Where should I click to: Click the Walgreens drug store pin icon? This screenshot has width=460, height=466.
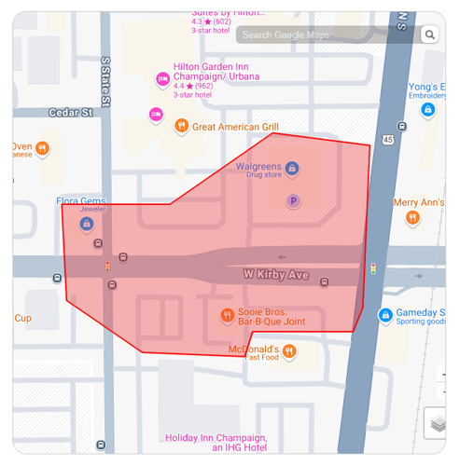[x=292, y=168]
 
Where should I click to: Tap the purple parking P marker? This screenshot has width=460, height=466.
[x=293, y=200]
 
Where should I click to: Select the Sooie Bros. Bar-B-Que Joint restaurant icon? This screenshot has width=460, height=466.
[x=227, y=316]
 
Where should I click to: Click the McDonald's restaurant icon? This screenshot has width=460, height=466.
[x=289, y=351]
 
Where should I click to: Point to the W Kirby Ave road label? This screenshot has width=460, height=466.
[x=275, y=275]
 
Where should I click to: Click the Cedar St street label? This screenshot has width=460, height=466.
[x=71, y=113]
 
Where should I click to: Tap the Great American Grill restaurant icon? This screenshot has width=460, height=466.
[x=182, y=126]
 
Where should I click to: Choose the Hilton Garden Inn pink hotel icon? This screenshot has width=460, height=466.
[x=162, y=79]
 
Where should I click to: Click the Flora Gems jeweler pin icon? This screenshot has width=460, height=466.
[x=87, y=224]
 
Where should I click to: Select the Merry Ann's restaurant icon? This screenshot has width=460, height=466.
[x=412, y=218]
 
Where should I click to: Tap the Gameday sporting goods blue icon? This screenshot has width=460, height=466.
[x=385, y=316]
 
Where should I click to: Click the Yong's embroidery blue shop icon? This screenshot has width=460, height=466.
[x=428, y=109]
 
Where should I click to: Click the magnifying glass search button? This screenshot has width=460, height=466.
[x=429, y=35]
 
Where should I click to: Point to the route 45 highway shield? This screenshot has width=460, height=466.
[x=387, y=139]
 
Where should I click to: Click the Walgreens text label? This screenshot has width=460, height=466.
[x=258, y=167]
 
